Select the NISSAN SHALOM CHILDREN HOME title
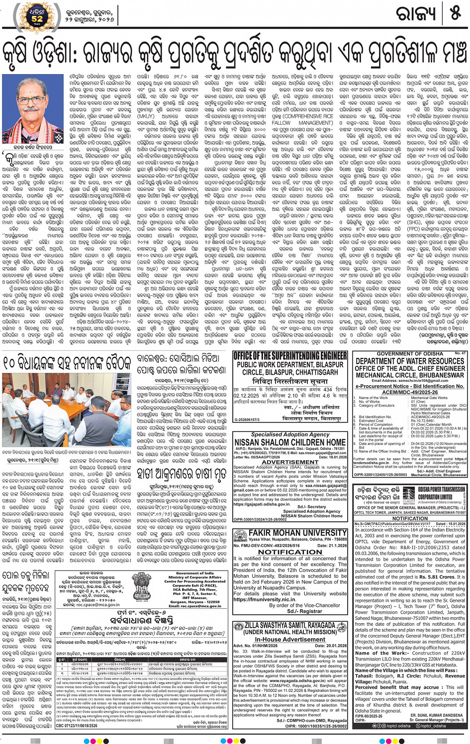click(290, 442)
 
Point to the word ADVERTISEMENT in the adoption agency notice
click(290, 462)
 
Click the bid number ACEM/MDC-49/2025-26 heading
click(410, 392)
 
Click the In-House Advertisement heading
click(290, 639)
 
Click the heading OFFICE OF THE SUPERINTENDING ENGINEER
click(290, 356)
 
